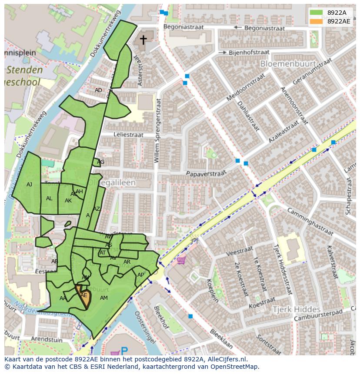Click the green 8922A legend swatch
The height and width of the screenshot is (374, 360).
point(316,13)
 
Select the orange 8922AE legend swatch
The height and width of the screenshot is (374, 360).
point(316,21)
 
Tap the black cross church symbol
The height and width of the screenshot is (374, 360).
point(143,40)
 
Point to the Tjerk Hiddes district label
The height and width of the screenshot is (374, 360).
point(296,309)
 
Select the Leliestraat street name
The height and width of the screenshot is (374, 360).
point(128,135)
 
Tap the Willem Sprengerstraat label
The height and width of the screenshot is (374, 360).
point(157,130)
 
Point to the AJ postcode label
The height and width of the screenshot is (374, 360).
point(29,185)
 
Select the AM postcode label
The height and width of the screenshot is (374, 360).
point(103,298)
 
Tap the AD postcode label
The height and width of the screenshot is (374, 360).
point(98,90)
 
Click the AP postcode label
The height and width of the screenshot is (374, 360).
point(140,275)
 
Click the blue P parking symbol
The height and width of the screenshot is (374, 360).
point(124,351)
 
